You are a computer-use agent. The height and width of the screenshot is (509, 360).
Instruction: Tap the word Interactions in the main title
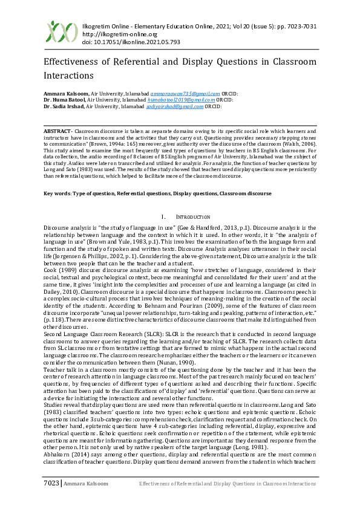[69, 76]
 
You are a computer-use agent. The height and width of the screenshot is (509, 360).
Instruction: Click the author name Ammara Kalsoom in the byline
[65, 94]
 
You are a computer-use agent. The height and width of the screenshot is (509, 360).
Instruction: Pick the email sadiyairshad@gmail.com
[175, 106]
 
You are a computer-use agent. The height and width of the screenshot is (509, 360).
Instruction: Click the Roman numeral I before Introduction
[164, 216]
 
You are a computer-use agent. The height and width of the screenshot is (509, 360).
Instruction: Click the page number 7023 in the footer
[50, 500]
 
